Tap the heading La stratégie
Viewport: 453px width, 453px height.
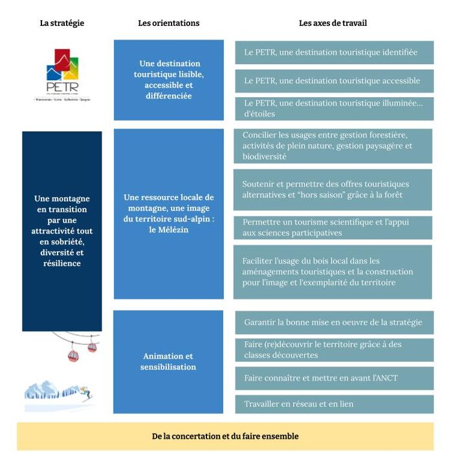tap(62, 23)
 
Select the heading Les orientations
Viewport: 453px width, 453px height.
tap(168, 23)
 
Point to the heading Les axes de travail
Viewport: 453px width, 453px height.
tap(333, 23)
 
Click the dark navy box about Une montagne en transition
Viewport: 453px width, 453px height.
tap(62, 231)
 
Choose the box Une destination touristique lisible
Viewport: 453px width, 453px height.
tap(168, 80)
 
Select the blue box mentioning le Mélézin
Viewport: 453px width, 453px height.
tap(168, 214)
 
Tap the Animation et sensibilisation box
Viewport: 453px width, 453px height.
tap(168, 362)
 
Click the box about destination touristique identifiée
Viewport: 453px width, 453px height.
tap(334, 52)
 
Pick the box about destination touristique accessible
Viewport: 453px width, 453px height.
tap(334, 81)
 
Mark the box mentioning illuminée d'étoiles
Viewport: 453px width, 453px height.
tap(334, 109)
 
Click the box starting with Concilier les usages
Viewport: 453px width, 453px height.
tap(333, 146)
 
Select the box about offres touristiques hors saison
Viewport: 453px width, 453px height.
tap(333, 190)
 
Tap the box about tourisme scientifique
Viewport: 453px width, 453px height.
tap(333, 228)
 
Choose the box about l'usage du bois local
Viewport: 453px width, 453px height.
tap(333, 272)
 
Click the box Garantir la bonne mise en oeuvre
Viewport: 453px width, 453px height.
tap(334, 322)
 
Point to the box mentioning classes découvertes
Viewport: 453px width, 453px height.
tap(334, 350)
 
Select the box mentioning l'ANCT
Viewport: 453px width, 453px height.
tap(334, 378)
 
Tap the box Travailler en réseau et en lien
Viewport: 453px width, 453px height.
tap(334, 404)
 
